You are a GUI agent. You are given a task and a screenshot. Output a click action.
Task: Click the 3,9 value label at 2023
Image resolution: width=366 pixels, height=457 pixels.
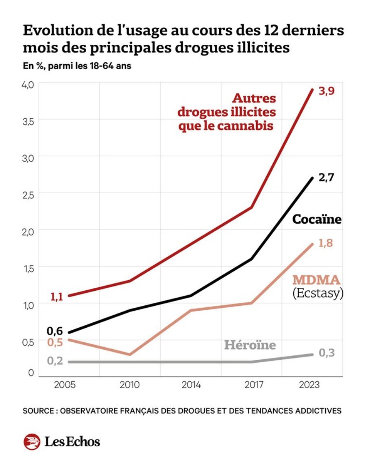327,91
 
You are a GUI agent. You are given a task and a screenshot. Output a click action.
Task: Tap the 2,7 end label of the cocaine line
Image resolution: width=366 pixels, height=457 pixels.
327,178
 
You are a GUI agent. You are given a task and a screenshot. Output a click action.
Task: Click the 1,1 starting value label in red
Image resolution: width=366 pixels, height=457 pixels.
57,297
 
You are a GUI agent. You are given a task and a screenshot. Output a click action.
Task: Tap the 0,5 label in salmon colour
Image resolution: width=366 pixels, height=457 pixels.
55,342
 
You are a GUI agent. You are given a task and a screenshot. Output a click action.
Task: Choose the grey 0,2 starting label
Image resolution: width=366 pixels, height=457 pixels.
55,361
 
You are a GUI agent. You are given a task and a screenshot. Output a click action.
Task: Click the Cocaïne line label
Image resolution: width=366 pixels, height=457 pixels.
316,220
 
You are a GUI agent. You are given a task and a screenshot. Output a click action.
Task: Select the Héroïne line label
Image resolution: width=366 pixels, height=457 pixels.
250,345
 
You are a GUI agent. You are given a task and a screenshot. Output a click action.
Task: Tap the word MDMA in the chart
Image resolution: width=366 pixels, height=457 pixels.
316,280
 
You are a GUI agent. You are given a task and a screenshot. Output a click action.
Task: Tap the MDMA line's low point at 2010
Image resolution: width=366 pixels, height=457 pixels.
130,355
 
